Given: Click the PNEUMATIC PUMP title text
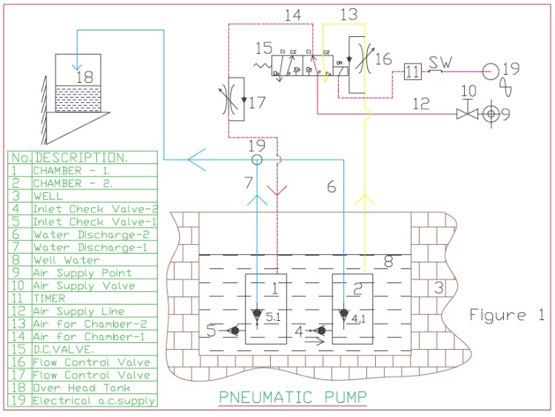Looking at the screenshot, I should (x=292, y=397).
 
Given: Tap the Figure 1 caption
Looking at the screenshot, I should (x=507, y=316).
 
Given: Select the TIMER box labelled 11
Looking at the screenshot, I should (x=412, y=72).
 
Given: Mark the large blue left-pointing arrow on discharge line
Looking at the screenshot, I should (x=197, y=158).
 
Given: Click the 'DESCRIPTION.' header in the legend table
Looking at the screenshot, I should (x=81, y=157).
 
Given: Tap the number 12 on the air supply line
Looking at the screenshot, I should (x=420, y=104).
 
